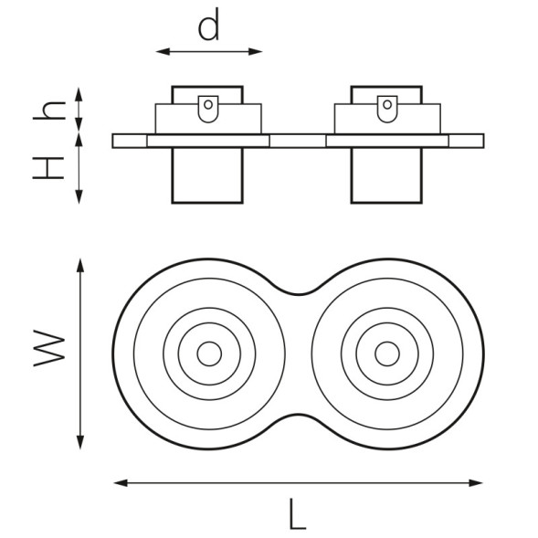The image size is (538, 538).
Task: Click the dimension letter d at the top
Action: [208, 25]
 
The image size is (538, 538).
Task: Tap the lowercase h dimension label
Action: [49, 111]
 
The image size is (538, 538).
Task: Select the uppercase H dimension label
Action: [48, 168]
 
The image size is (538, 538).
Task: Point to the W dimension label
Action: [49, 348]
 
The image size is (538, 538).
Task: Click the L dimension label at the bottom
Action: [297, 513]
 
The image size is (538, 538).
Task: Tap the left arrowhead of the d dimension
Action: [163, 52]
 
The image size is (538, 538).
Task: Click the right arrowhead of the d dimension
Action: [256, 52]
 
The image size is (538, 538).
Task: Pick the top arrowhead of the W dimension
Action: [80, 266]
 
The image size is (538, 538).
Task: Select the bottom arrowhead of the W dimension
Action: [80, 442]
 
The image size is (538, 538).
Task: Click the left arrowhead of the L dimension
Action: [121, 483]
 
